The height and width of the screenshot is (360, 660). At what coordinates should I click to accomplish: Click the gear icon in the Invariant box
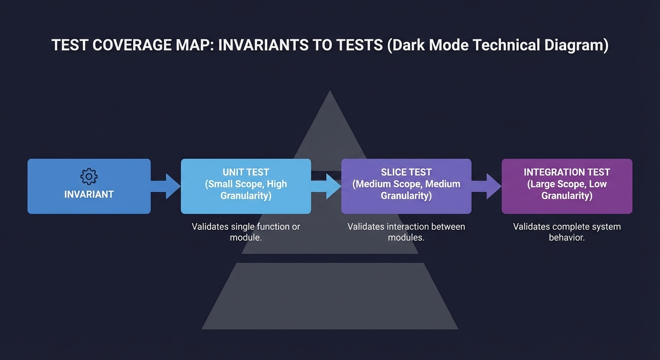89,176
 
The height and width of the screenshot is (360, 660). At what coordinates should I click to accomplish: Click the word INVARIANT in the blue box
89,194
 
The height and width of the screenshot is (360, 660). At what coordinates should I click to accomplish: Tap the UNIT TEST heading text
246,172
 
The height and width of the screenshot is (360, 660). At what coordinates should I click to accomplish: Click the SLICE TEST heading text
406,172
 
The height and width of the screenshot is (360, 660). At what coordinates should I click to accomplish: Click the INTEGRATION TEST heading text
567,172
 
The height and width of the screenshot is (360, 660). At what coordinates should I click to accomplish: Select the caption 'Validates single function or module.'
246,232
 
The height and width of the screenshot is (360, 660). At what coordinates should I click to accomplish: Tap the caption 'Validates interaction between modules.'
406,232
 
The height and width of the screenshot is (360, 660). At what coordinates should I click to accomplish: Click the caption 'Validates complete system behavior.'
567,232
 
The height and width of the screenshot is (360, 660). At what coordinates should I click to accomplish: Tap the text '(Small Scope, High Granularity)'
246,190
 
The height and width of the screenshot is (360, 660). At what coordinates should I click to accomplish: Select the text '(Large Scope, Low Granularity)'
567,190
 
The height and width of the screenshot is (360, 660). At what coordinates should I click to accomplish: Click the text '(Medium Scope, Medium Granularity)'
406,190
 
